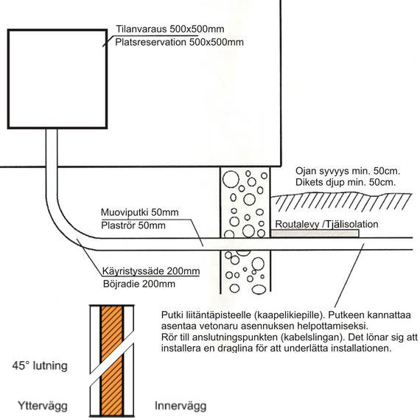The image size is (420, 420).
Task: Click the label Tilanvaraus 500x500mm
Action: coord(169,29)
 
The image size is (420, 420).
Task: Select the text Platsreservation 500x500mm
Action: coord(179,42)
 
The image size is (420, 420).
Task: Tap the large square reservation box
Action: coord(57,30)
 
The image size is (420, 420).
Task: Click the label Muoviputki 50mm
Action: coord(139,212)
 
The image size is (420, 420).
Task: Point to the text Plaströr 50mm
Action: coord(133,225)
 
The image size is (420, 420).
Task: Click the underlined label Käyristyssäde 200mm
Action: coord(151,271)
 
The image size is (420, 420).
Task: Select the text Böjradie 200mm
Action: coord(139,284)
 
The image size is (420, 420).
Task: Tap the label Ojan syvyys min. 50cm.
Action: coord(347,171)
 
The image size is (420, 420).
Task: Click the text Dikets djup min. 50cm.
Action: coord(346,183)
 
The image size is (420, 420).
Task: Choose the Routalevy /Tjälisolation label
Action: coord(326,224)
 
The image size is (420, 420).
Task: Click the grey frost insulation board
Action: coord(315,234)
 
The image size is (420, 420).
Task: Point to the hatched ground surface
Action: coord(341,201)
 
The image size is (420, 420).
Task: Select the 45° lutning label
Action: coord(40,365)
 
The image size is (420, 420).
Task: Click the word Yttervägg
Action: coord(42,406)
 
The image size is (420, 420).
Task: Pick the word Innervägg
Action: coord(181,406)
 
